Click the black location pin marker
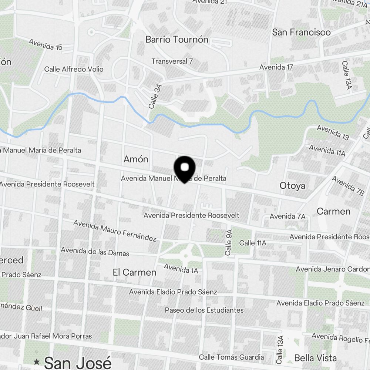(x=184, y=169)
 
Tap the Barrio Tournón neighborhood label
(x=177, y=40)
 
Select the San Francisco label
(x=301, y=32)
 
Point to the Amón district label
(x=136, y=159)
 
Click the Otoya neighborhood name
(x=292, y=185)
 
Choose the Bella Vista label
(x=315, y=358)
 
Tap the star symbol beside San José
(x=37, y=361)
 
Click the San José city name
(x=78, y=362)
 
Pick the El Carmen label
(x=135, y=272)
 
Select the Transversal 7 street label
(x=172, y=61)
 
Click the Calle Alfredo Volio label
(x=74, y=69)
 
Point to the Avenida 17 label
(x=276, y=67)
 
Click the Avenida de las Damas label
(x=95, y=252)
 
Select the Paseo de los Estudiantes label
(x=204, y=310)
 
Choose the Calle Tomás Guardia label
(x=231, y=357)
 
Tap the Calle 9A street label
(x=229, y=243)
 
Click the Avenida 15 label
(x=45, y=44)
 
